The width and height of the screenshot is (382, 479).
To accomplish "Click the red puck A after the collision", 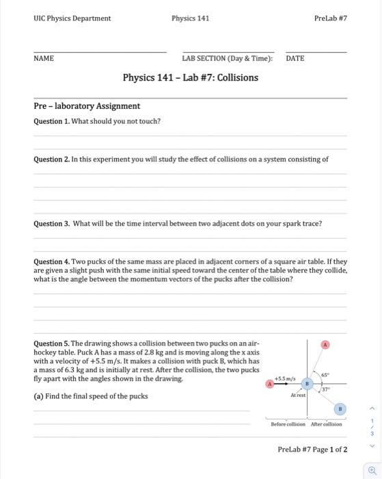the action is tap(325, 345).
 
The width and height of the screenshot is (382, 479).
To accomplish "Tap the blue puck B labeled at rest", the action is tap(307, 385).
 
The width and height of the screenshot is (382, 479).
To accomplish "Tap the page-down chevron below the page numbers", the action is tap(372, 445).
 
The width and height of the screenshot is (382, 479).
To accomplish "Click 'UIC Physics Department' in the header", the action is tap(72, 18).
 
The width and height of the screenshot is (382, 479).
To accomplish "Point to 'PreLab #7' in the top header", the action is tap(331, 18).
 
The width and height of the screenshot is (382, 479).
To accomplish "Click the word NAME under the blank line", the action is tap(44, 59).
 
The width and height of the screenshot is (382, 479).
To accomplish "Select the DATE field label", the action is tap(295, 59).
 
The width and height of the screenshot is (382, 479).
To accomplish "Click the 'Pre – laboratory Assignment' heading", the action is tap(87, 106).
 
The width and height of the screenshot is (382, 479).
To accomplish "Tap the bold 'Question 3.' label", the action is tap(52, 223).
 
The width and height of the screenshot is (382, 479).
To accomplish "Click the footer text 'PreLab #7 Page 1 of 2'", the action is tap(312, 450).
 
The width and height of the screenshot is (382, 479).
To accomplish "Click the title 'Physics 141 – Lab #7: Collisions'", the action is tap(190, 77).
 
